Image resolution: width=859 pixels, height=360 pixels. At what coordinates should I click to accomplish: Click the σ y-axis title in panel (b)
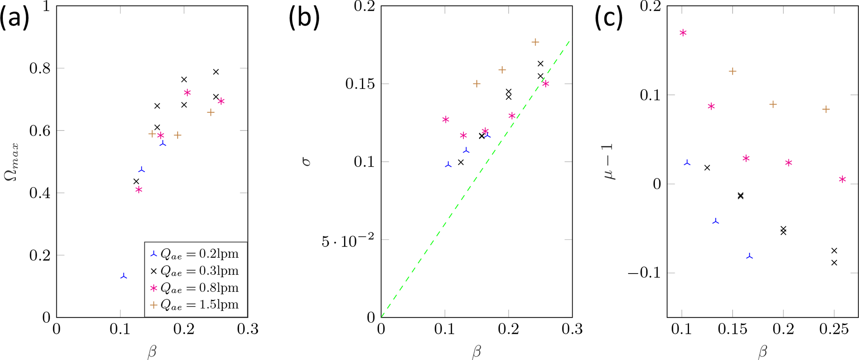pyautogui.click(x=306, y=162)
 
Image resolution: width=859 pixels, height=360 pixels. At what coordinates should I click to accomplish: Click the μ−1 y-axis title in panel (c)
pyautogui.click(x=609, y=162)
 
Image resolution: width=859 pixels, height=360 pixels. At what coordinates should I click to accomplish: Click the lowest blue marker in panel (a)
pyautogui.click(x=123, y=276)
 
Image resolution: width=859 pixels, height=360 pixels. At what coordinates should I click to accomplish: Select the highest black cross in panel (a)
pyautogui.click(x=216, y=72)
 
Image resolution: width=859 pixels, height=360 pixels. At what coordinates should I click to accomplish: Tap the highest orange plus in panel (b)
pyautogui.click(x=535, y=42)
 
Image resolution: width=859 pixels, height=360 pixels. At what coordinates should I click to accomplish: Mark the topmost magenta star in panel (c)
pyautogui.click(x=683, y=33)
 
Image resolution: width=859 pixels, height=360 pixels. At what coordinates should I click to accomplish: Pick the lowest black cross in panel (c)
pyautogui.click(x=834, y=263)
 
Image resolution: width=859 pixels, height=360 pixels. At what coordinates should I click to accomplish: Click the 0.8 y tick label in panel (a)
pyautogui.click(x=40, y=69)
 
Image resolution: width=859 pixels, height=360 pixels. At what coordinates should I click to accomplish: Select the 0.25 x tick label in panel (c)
pyautogui.click(x=834, y=330)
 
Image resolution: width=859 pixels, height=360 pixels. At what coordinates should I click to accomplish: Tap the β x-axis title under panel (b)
pyautogui.click(x=477, y=352)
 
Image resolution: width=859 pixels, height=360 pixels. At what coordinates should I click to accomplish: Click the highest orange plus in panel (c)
pyautogui.click(x=733, y=72)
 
